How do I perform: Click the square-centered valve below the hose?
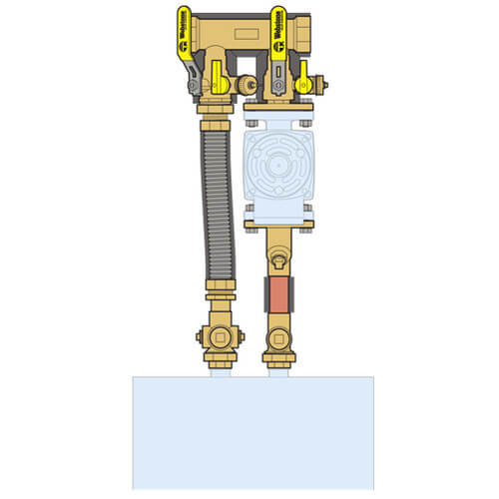[222, 337]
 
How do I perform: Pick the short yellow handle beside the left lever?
[218, 74]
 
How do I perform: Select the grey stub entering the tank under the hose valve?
[222, 370]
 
